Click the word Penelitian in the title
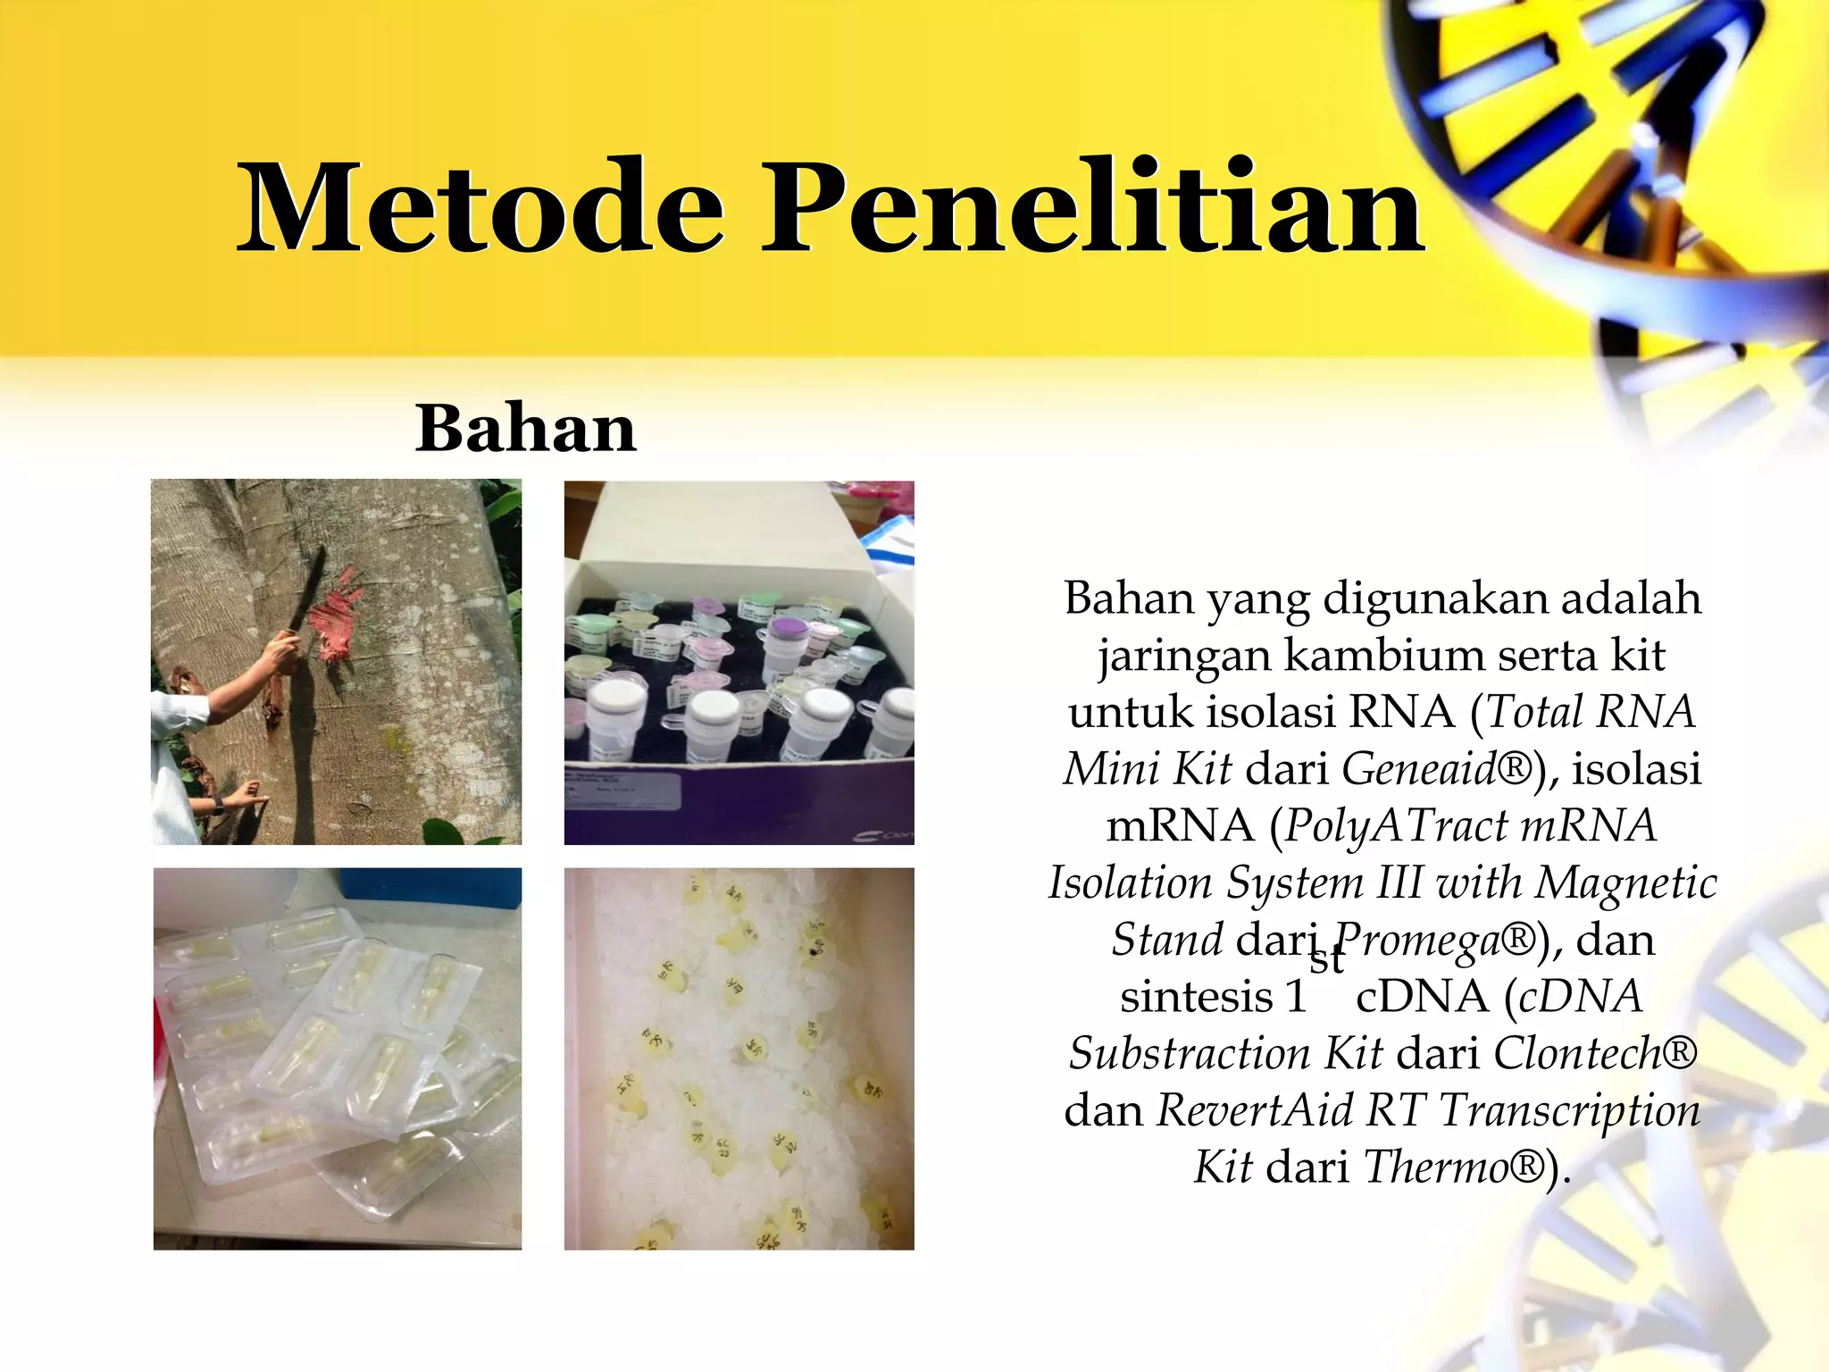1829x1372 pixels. coord(1093,207)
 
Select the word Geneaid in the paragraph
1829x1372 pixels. coord(1418,768)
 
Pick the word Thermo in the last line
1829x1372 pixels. coord(1436,1167)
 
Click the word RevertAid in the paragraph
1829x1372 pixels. coord(1256,1110)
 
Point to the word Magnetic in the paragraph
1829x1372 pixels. coord(1625,883)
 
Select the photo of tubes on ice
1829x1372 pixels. coord(739,1058)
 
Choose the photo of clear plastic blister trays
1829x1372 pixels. coord(338,1058)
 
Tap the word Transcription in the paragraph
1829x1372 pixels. coord(1569,1110)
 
